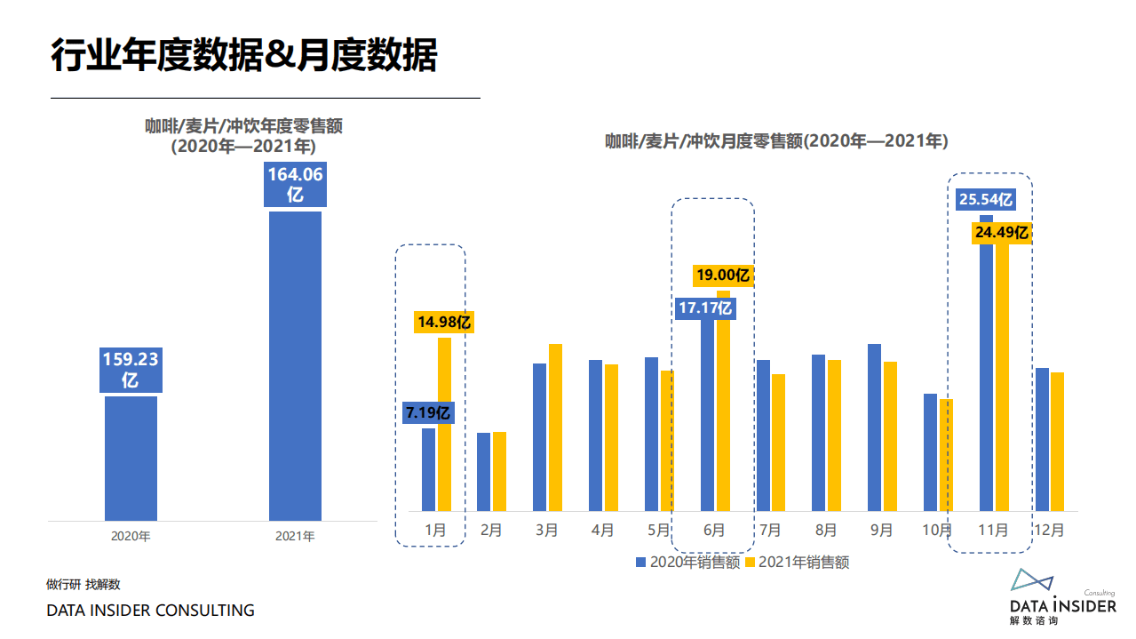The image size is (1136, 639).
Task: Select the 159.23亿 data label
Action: [x=131, y=371]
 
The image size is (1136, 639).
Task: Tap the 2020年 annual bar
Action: [x=131, y=458]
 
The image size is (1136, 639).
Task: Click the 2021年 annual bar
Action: [x=295, y=364]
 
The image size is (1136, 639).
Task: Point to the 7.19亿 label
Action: [x=429, y=412]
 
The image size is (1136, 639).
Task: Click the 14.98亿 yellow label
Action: [x=443, y=322]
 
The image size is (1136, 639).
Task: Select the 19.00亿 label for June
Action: [x=723, y=276]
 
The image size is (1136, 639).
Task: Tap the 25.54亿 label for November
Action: [x=985, y=200]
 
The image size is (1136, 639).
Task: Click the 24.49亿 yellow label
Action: [x=1001, y=233]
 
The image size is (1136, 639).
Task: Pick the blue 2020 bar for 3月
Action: [x=539, y=437]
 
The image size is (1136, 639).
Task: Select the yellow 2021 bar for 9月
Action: [x=890, y=436]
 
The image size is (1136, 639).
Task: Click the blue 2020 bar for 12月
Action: [x=1042, y=439]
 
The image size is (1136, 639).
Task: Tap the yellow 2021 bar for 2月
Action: [x=499, y=471]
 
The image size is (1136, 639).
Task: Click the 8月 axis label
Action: [x=826, y=531]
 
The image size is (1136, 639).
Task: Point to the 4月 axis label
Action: [x=602, y=531]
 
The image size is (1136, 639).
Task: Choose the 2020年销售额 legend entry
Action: [x=687, y=562]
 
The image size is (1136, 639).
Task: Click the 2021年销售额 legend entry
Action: [x=797, y=562]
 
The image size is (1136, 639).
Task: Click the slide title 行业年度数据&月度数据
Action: [x=244, y=55]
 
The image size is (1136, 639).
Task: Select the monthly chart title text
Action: [x=776, y=140]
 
